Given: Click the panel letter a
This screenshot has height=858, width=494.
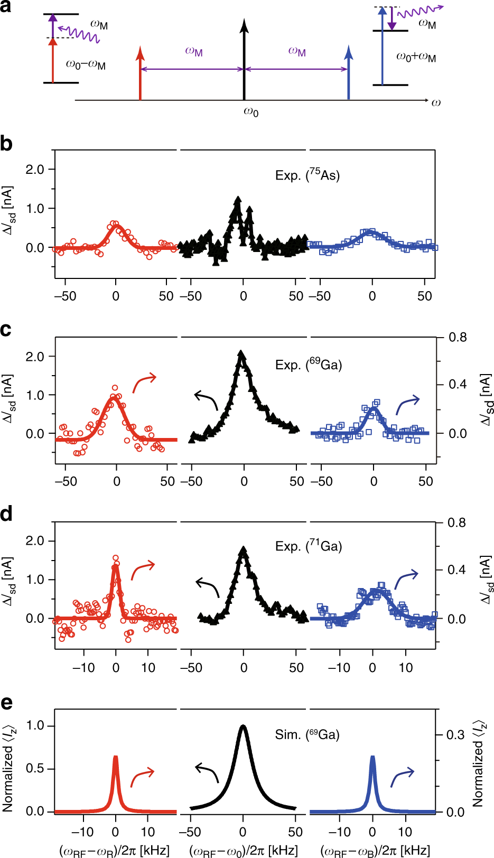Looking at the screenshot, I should (6, 7).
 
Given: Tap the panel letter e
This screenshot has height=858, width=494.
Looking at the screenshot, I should (6, 703).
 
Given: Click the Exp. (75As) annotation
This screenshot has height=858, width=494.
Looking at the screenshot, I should (307, 175).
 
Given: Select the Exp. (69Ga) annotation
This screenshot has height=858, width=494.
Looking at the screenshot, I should (308, 364).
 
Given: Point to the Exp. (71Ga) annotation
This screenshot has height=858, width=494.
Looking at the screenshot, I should (308, 545).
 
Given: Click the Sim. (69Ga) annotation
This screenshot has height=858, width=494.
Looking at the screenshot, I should (307, 734).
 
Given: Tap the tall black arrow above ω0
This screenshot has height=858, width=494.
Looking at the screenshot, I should (244, 58).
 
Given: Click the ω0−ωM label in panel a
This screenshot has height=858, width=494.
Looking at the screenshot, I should (85, 65).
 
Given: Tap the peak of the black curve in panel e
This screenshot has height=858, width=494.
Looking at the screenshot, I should (243, 726).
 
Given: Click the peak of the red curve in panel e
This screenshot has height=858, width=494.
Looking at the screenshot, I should (115, 758).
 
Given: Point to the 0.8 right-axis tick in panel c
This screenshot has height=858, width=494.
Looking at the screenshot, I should (458, 337).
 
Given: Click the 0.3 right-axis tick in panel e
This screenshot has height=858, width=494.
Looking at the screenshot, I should (455, 734).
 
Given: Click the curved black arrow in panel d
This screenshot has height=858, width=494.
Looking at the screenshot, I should (207, 587).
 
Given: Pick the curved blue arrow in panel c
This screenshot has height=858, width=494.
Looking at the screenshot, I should (407, 404).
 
